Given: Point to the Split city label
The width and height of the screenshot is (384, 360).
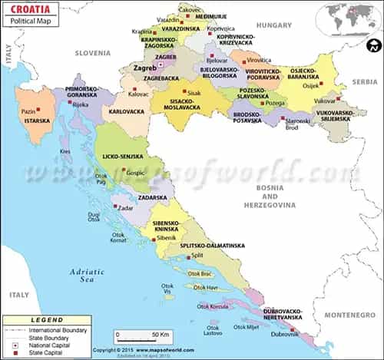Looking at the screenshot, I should (197, 255).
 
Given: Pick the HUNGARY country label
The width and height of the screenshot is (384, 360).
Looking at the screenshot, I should (274, 25).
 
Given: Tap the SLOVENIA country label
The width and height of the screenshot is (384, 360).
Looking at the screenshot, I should (93, 53).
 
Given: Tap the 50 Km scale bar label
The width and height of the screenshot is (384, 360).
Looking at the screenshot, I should (158, 335).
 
